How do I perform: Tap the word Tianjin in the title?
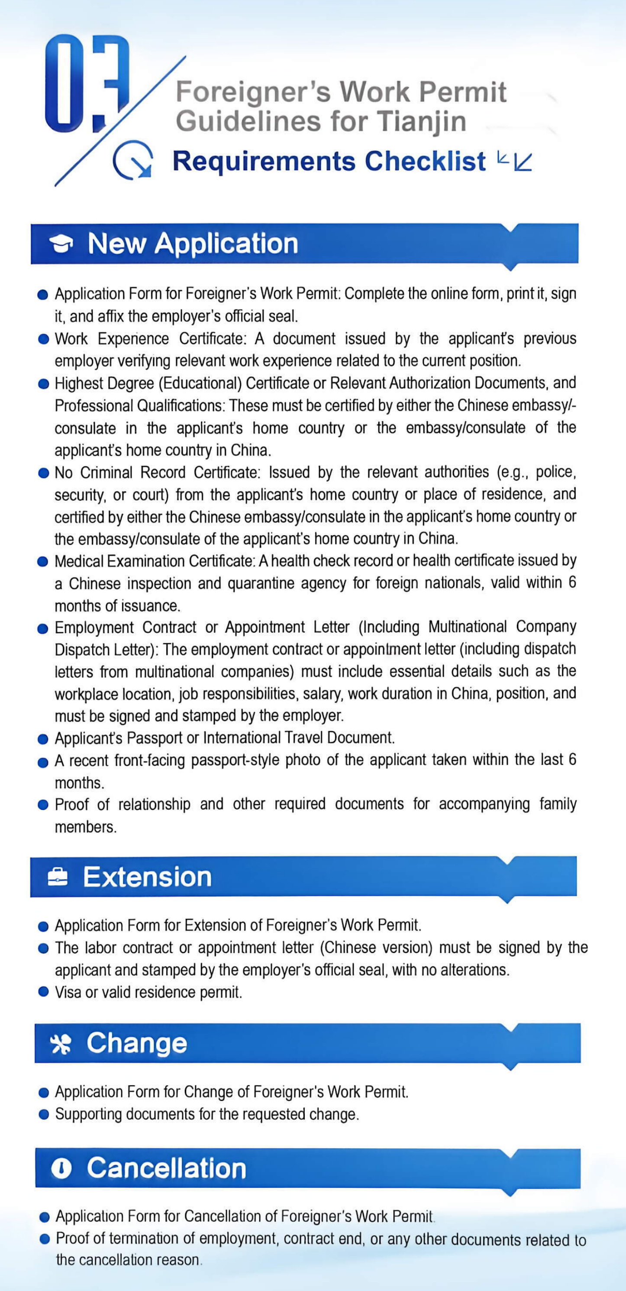[x=421, y=121]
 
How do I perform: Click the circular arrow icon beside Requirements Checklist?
[x=133, y=160]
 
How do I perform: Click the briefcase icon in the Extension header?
[x=58, y=877]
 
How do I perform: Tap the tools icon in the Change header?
[x=61, y=1044]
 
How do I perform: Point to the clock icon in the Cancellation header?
[x=61, y=1169]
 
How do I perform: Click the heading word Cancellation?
[x=166, y=1168]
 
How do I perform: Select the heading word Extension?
[x=147, y=877]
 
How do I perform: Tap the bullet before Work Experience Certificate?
[x=44, y=340]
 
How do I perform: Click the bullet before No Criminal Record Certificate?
[x=44, y=473]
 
